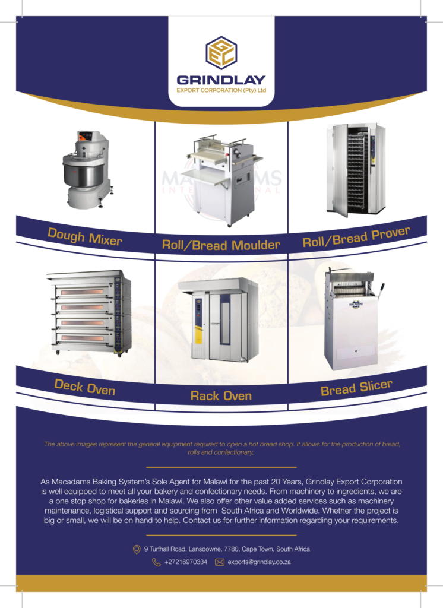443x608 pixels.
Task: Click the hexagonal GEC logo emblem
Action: click(221, 52)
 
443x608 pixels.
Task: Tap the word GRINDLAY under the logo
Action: click(221, 80)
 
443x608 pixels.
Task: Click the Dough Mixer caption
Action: click(84, 237)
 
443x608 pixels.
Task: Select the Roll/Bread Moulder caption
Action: click(221, 245)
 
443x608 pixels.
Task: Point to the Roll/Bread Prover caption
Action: click(356, 237)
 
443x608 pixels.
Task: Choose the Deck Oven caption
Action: click(84, 387)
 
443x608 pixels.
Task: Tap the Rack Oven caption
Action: click(221, 396)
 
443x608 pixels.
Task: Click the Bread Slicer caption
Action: click(356, 388)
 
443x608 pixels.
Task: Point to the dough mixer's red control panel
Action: click(86, 136)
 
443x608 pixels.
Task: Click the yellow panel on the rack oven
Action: click(198, 334)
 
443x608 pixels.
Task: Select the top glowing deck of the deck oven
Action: click(82, 292)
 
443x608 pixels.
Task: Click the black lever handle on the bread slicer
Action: click(380, 290)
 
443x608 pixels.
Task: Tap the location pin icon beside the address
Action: click(137, 549)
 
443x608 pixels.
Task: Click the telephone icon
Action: click(156, 562)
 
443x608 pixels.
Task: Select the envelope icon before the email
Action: click(220, 562)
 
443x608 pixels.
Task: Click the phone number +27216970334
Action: click(186, 562)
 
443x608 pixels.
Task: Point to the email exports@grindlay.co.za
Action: click(259, 562)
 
